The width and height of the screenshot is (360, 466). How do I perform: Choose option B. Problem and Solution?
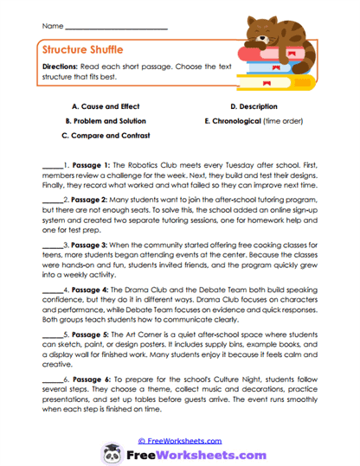[97, 121]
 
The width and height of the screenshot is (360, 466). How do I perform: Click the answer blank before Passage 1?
[51, 166]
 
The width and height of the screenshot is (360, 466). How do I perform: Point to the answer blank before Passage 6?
[51, 383]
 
